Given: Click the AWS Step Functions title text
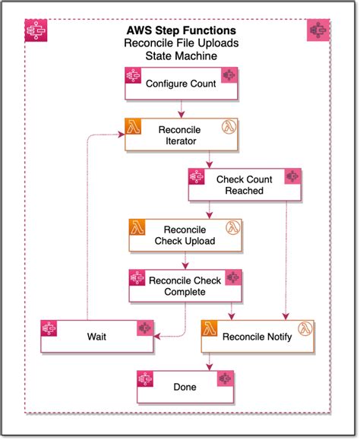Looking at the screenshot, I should coord(181,31).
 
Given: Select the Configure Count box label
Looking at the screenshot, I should coord(181,84).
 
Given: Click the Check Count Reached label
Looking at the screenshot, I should coord(245,185).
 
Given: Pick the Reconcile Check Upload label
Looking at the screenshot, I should coord(185,236).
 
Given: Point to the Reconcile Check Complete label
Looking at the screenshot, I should coord(185,286).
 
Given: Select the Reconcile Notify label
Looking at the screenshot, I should coord(257,337).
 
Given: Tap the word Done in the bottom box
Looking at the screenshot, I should coord(185,387).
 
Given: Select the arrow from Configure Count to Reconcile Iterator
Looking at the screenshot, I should coord(181,109).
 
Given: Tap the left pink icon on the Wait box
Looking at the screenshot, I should coord(50,329).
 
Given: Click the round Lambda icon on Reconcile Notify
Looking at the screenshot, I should coord(305,329).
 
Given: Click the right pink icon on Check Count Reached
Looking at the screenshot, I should coord(292,177).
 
